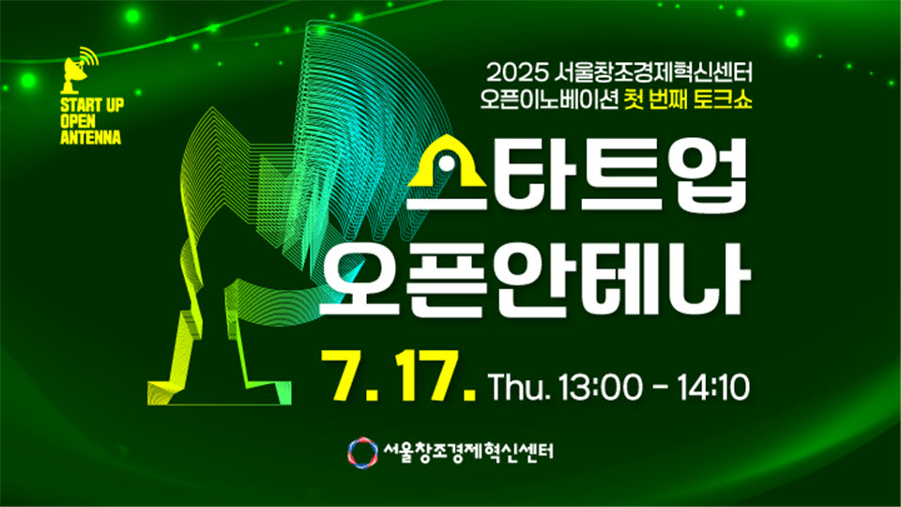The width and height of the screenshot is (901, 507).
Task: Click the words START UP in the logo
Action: [x=92, y=105]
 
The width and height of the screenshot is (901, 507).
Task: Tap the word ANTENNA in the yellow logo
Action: [x=91, y=137]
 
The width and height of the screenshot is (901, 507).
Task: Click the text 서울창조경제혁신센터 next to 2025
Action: [x=654, y=73]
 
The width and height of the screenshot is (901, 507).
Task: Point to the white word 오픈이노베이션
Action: [x=549, y=100]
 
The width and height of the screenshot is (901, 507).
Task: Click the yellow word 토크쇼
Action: [x=723, y=100]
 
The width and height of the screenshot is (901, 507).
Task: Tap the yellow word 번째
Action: [x=667, y=100]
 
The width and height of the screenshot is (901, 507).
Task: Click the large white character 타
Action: [x=536, y=174]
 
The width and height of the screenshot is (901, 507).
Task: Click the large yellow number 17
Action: [x=431, y=376]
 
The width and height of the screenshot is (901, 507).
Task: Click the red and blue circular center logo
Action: [x=362, y=453]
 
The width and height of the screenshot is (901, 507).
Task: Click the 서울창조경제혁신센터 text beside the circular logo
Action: [x=468, y=452]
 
